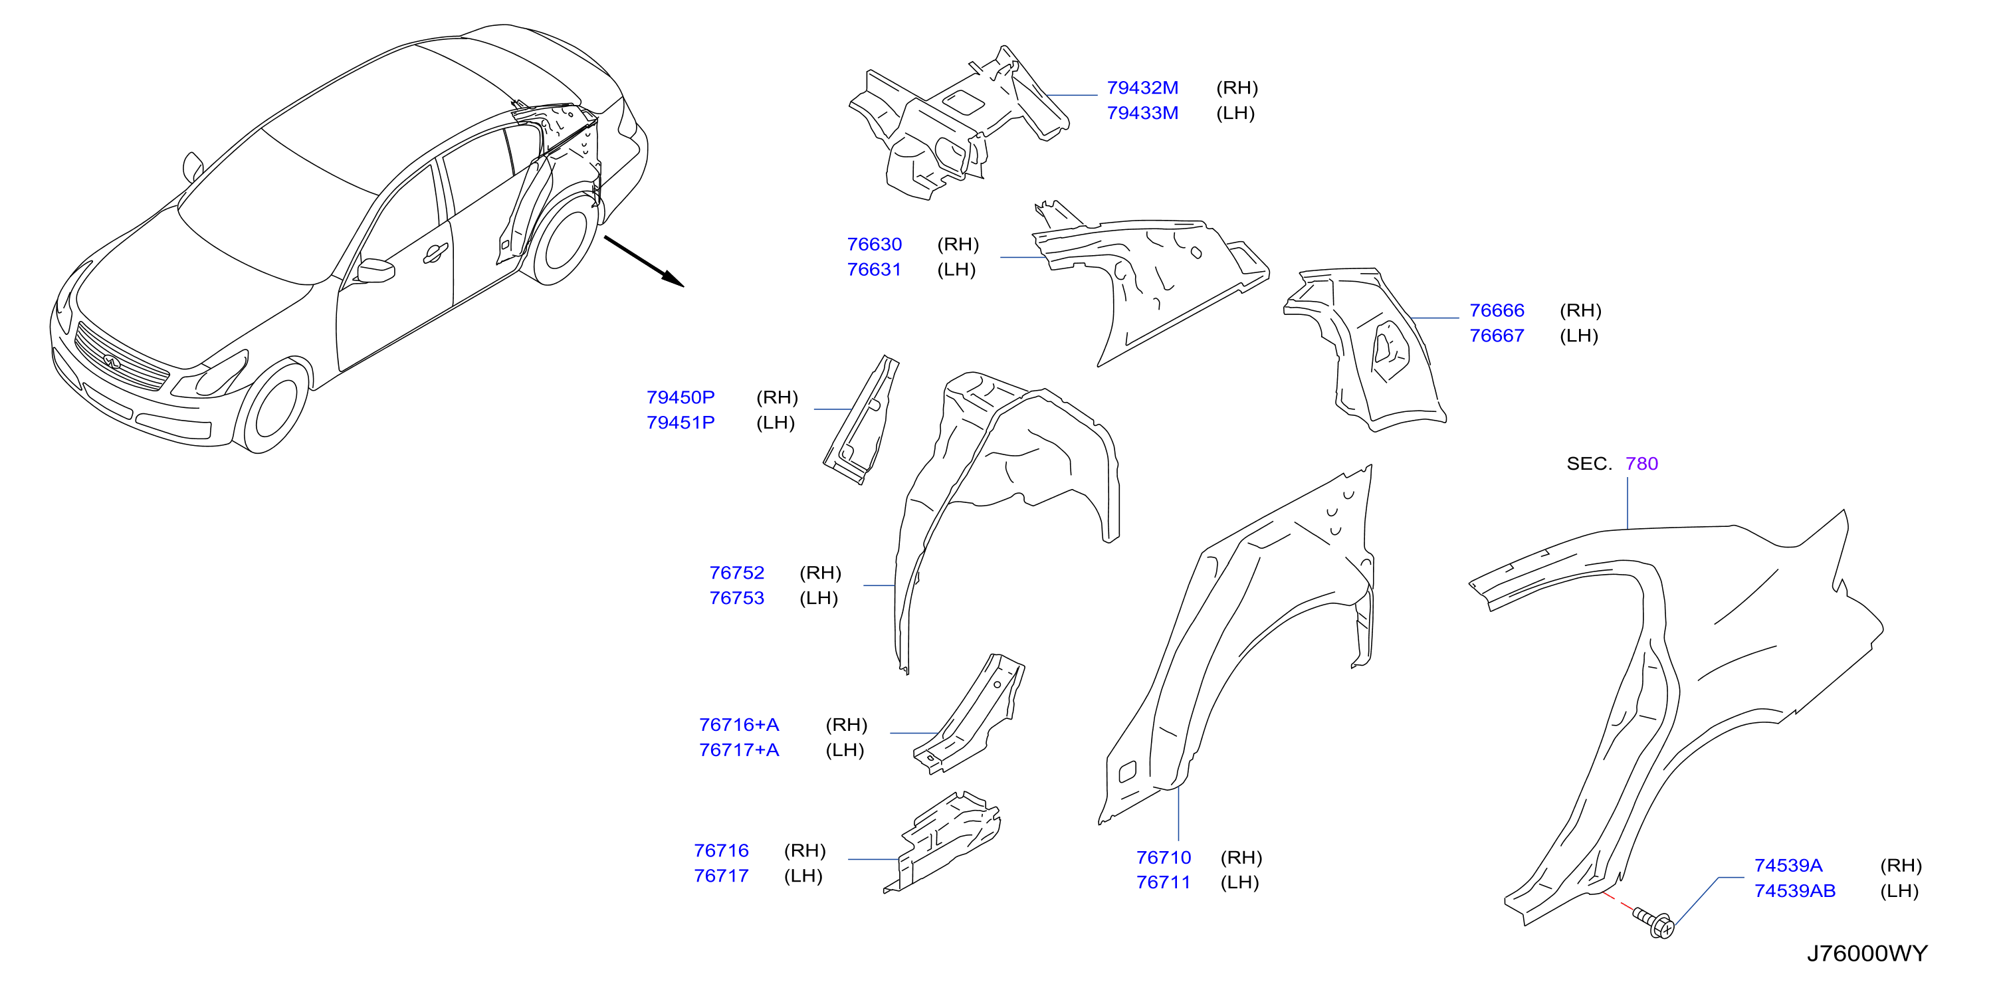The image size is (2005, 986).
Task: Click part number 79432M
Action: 1142,88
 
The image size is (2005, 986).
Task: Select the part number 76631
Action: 873,269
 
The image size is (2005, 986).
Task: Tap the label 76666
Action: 1496,310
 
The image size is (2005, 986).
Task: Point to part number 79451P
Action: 681,423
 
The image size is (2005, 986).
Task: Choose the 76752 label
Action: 736,573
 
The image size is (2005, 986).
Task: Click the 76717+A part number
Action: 738,750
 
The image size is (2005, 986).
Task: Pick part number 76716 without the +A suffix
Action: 721,850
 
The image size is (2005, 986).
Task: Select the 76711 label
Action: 1163,882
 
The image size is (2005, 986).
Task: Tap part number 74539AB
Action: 1794,891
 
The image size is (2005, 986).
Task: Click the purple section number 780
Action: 1641,464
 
